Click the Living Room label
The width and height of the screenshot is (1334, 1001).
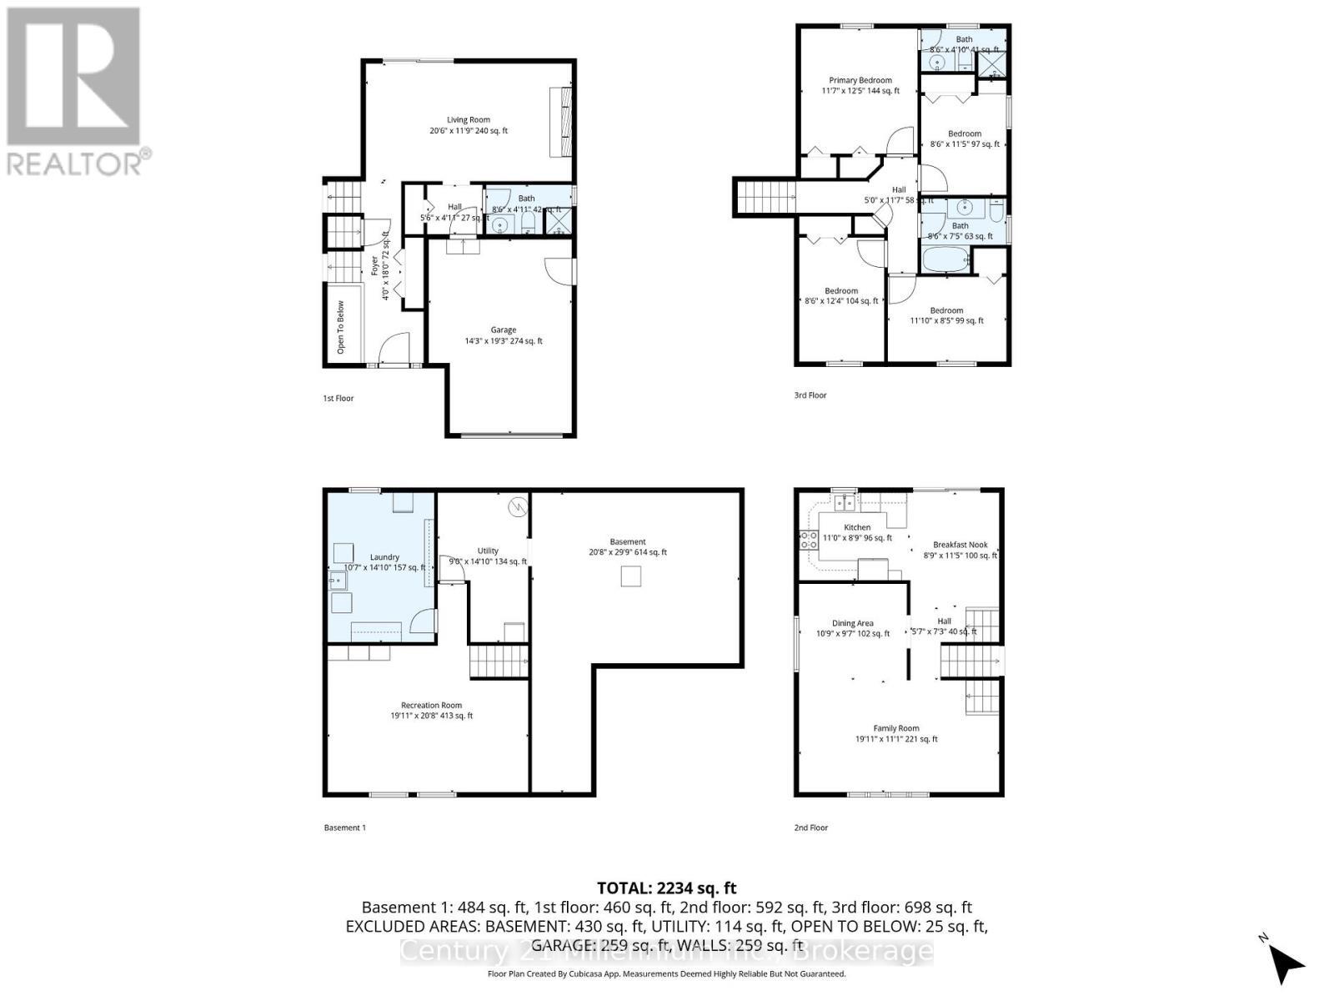468,120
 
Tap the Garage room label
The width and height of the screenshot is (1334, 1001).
503,330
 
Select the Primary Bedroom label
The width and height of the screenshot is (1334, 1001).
860,81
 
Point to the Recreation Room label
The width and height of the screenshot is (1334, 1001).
431,706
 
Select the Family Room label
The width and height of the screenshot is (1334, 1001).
896,728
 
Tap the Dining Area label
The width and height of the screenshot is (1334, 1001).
852,623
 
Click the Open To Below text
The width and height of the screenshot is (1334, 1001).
340,327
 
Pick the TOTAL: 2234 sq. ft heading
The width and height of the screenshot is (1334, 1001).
666,888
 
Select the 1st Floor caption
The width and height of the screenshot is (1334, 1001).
339,399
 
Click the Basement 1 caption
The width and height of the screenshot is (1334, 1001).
344,827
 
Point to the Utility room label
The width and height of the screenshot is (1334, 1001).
488,551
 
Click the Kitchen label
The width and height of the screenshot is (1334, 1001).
856,527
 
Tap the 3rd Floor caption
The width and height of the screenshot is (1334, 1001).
810,395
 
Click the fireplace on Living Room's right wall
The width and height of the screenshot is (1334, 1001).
561,122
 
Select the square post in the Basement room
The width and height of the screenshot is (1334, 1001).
631,576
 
